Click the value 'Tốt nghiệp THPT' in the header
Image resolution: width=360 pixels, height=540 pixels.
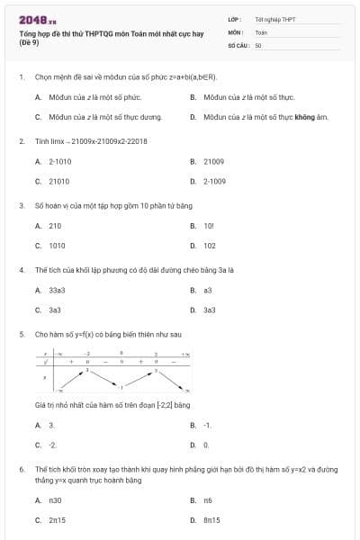(274, 19)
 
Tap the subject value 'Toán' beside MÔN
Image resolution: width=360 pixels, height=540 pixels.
(261, 31)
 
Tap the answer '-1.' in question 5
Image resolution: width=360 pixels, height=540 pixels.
(208, 425)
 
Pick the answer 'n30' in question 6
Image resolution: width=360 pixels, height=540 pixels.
(55, 499)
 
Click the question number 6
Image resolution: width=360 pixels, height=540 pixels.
(21, 469)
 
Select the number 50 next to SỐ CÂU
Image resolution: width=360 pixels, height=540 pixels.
(258, 44)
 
